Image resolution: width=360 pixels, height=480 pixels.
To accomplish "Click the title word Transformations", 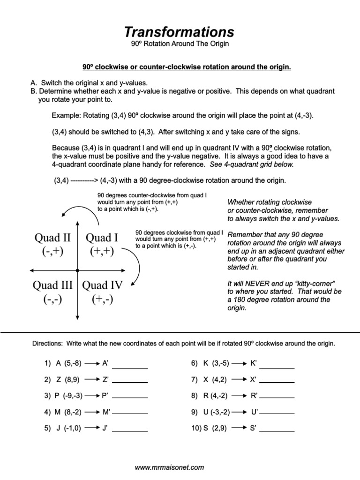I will tap(179, 32).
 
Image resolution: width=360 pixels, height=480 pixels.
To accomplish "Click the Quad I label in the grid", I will tap(102, 238).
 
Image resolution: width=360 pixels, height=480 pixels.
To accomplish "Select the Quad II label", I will tap(52, 238).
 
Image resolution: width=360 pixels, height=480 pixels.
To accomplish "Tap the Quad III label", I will tap(52, 285).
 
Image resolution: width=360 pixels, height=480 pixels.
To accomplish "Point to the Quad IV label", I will tap(102, 285).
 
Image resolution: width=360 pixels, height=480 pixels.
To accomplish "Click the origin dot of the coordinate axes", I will tap(77, 270).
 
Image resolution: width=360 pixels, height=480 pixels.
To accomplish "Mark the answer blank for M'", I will tap(130, 413).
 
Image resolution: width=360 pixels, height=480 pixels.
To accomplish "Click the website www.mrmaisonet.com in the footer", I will tap(169, 467).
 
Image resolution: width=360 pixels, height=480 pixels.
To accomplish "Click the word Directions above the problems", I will tap(47, 344).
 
